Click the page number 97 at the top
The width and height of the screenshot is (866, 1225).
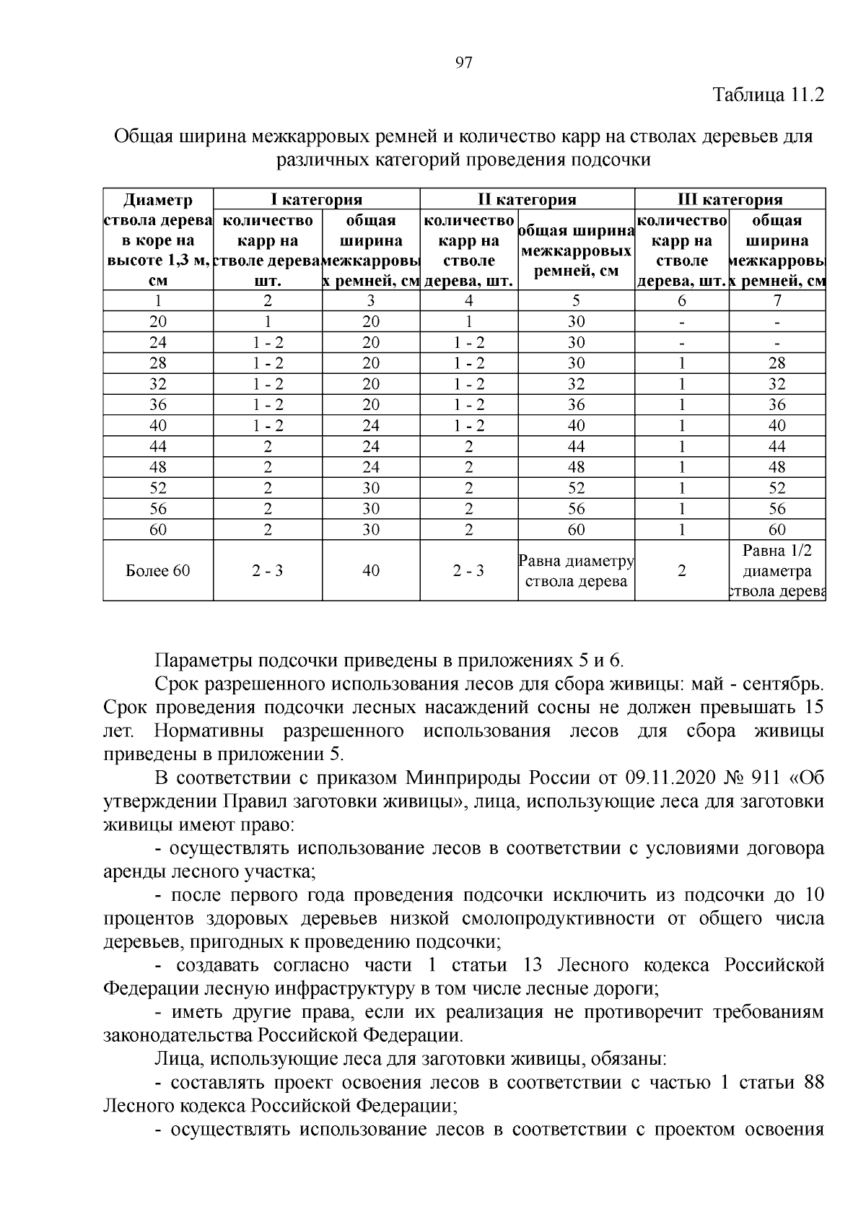[x=464, y=63]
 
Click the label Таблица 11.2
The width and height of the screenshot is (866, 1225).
[x=769, y=95]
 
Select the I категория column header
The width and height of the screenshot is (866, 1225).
[x=316, y=199]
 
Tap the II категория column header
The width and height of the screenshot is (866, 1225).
[x=527, y=199]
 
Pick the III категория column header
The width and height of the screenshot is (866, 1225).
[x=730, y=199]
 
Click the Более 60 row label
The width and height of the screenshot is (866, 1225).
[x=157, y=570]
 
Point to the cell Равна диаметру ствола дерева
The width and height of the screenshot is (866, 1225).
[x=576, y=570]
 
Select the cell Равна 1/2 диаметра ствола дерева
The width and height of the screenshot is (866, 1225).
[x=777, y=570]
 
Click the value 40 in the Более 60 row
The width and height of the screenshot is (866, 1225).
[x=370, y=570]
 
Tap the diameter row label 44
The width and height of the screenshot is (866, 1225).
[x=157, y=446]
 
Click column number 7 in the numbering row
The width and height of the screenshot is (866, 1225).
[x=777, y=300]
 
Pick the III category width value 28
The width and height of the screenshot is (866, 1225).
[x=777, y=363]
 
